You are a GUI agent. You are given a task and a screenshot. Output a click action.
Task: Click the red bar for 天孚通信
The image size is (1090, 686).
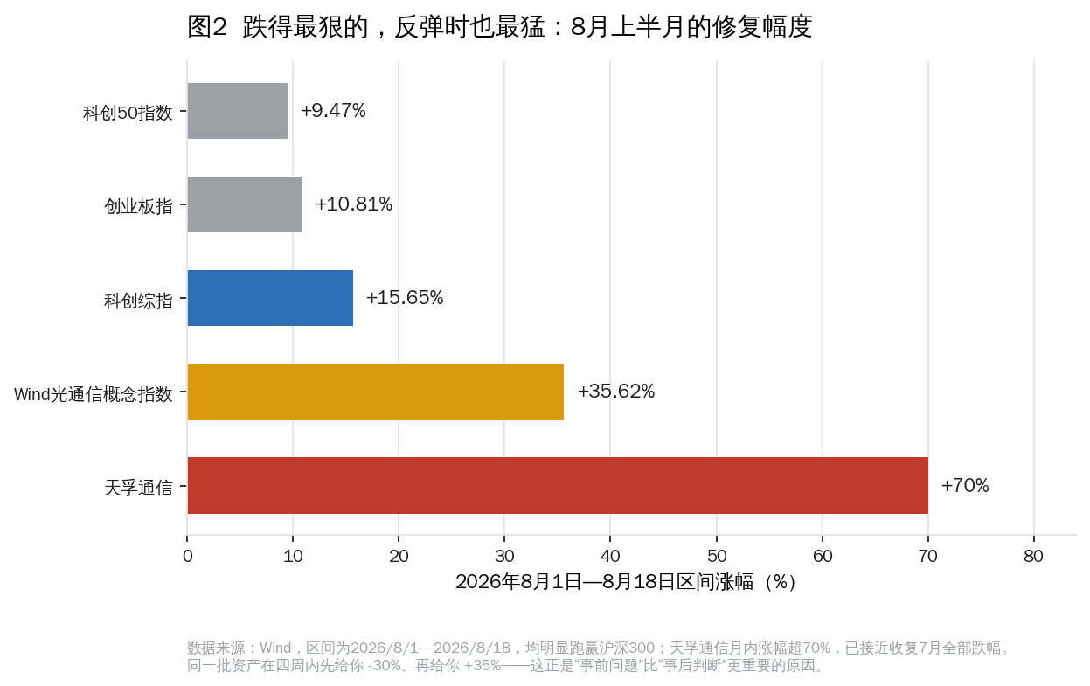(558, 485)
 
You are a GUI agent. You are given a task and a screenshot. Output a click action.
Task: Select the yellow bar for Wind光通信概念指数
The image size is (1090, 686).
(376, 392)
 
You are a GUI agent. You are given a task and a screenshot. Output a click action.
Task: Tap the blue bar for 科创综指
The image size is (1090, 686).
(270, 298)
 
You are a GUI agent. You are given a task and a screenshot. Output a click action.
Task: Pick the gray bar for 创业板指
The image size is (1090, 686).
(244, 204)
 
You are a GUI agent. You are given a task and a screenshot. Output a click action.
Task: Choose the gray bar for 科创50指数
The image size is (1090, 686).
(238, 111)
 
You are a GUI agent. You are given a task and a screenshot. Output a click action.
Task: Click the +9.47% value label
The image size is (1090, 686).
(333, 111)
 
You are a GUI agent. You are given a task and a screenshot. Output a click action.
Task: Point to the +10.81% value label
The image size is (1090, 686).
(354, 204)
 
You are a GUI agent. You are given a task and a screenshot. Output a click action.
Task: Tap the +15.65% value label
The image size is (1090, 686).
(405, 298)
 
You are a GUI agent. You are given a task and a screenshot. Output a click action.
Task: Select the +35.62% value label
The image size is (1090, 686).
(616, 392)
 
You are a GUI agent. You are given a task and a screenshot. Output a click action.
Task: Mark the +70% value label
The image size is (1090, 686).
(965, 486)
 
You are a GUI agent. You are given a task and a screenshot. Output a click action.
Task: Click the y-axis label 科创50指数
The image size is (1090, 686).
(128, 113)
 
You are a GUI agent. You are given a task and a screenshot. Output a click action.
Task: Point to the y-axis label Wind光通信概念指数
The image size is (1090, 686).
(94, 394)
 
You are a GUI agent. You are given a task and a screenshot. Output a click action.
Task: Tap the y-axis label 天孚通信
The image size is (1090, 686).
(139, 488)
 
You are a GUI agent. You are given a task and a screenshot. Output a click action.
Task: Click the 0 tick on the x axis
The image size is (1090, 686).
(188, 556)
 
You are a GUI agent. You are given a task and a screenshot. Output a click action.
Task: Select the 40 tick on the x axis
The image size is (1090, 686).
(610, 556)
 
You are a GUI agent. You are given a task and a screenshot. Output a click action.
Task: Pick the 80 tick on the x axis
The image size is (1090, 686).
(1033, 556)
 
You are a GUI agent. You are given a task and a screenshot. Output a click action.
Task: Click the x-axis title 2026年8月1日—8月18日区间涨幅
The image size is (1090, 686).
(604, 582)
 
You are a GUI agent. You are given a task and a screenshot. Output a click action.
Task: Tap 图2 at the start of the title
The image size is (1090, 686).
(207, 26)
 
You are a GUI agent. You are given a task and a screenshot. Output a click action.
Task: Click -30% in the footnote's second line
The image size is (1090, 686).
(384, 665)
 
